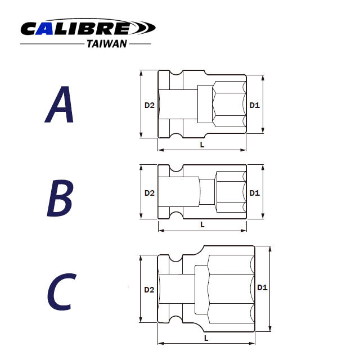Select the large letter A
coord(60,106)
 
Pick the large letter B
coord(60,198)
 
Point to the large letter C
coord(60,291)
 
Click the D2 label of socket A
coord(149,105)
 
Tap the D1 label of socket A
coord(254,105)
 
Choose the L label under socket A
coord(202,145)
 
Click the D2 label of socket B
coord(149,192)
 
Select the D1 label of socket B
coord(254,192)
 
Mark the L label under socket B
coord(202,224)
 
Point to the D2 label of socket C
coord(149,290)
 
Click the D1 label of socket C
coord(262,287)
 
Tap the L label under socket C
coord(206,338)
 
